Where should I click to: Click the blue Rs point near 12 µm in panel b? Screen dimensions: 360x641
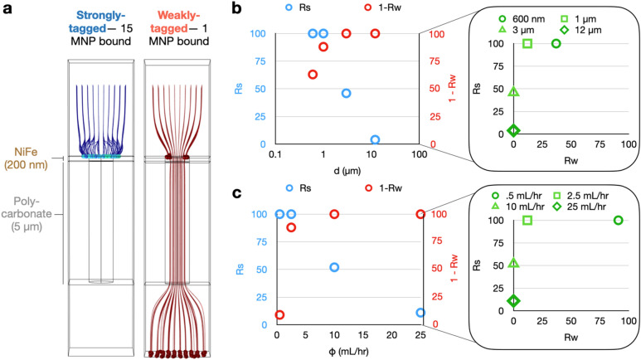pos(375,139)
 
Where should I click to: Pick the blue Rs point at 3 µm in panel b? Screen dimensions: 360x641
pos(346,93)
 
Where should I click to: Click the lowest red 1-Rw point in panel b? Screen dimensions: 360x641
pos(313,75)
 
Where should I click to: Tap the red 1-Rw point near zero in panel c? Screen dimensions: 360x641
pos(280,314)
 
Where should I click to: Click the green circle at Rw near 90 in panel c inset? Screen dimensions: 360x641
pos(618,221)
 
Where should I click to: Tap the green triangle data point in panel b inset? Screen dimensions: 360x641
pos(513,92)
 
